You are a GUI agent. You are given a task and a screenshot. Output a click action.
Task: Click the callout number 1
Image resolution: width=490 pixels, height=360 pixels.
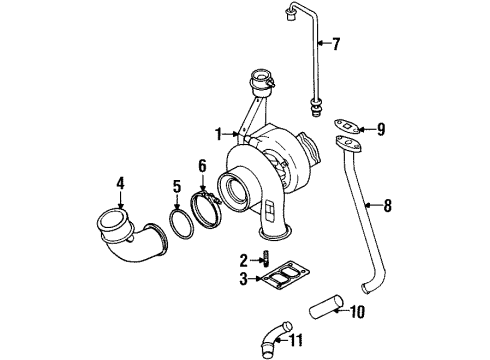(218, 133)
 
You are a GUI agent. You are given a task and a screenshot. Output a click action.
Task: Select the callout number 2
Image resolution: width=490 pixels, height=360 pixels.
(244, 260)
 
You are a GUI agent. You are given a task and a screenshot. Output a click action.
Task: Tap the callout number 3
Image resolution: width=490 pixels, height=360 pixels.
(244, 279)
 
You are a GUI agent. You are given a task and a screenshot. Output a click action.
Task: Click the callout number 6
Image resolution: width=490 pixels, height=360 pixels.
(202, 164)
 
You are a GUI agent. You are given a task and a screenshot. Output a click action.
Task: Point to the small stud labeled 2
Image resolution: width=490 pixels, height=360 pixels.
(267, 261)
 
